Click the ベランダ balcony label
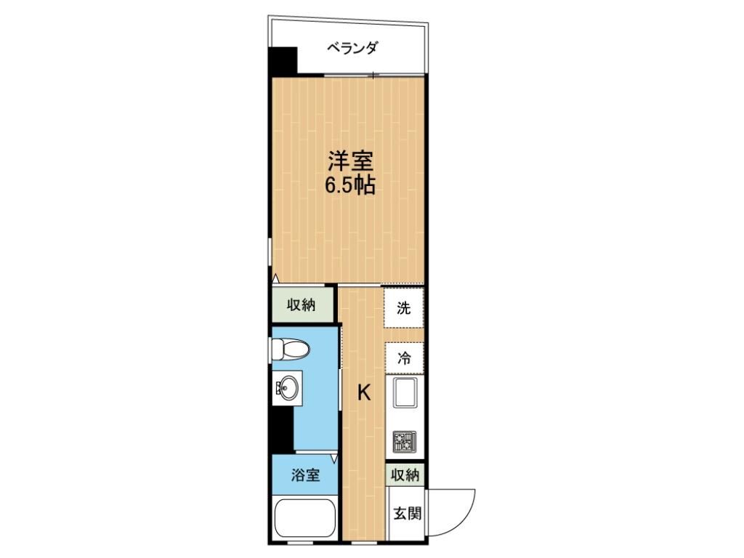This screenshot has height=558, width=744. (x=351, y=49)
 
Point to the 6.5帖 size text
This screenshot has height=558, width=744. (x=349, y=185)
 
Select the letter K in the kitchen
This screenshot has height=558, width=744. (x=363, y=393)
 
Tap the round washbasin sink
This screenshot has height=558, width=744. (x=288, y=389)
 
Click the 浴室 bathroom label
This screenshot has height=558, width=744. (x=305, y=476)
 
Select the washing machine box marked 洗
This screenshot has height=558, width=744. (x=404, y=308)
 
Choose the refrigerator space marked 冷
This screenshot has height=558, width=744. (x=404, y=357)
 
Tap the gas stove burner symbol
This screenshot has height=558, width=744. (x=404, y=440)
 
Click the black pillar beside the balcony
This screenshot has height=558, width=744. (x=283, y=61)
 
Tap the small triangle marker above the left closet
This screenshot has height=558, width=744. (x=275, y=278)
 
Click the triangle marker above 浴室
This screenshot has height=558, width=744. (x=334, y=458)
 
